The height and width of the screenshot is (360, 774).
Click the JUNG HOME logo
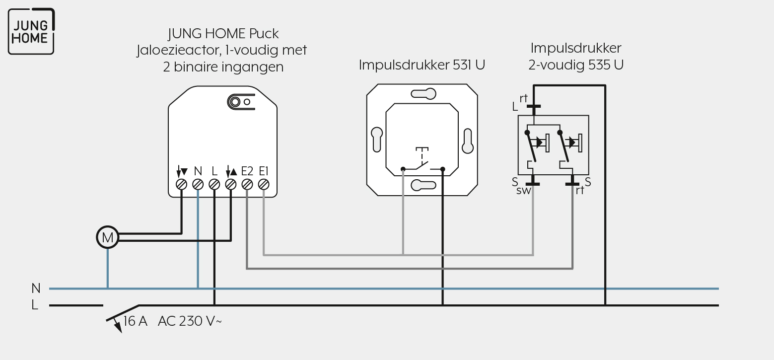point(31,31)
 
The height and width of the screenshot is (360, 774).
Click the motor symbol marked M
point(107,237)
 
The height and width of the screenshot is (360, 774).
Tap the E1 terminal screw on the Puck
point(264,185)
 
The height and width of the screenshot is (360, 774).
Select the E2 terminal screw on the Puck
point(247,185)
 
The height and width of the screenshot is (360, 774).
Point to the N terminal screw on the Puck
point(198,185)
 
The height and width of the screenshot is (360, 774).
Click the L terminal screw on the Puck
point(214,185)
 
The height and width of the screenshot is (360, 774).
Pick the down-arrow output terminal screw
point(181,185)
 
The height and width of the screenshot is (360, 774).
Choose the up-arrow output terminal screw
point(231,185)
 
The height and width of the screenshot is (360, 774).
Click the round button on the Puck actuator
point(235,102)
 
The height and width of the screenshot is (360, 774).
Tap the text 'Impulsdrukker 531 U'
point(422,65)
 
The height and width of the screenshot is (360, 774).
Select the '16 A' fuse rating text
point(135,321)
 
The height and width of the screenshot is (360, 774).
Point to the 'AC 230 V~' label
point(190,321)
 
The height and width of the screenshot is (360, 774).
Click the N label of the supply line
point(36,288)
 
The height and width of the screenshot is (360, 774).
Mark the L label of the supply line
point(35,305)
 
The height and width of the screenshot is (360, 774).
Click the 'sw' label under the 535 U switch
point(523,191)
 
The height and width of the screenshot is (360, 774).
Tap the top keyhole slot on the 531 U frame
point(423,94)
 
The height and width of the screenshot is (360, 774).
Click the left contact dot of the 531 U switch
point(403,169)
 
